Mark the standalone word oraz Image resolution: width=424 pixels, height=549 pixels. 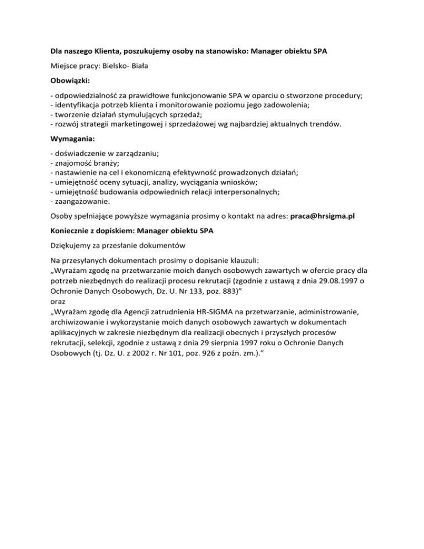[x=57, y=302]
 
